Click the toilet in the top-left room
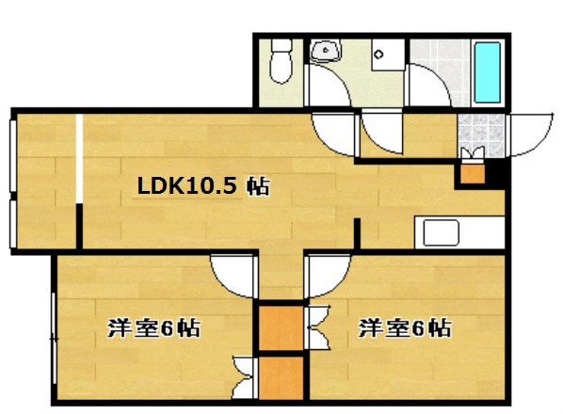[280, 61]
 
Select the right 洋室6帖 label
[403, 328]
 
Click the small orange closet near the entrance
[470, 173]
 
